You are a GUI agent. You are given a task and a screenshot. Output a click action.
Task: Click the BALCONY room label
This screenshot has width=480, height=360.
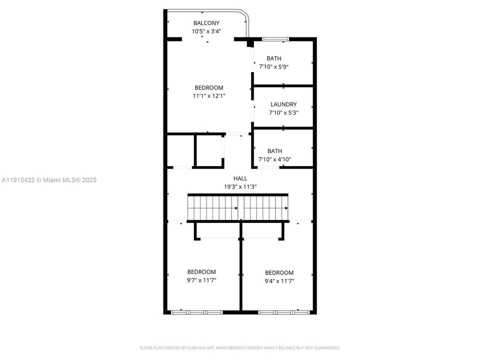coord(206,23)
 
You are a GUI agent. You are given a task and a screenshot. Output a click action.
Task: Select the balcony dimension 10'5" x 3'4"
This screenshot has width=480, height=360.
coord(206,31)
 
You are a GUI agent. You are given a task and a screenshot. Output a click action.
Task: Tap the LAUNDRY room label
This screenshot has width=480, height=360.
coord(283,104)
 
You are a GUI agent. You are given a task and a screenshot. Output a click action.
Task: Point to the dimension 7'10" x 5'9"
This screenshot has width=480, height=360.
coord(273,66)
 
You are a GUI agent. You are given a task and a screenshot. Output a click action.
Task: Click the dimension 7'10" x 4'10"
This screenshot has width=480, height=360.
coord(274,159)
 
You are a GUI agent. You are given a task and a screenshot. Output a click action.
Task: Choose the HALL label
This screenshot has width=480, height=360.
coord(240,178)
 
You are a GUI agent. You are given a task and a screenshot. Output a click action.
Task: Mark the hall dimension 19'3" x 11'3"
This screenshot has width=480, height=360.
coord(240,186)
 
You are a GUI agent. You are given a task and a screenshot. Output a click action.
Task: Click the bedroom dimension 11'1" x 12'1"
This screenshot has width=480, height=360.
coord(209,95)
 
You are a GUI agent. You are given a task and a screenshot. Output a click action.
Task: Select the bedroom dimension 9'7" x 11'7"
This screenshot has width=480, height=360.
coord(201,280)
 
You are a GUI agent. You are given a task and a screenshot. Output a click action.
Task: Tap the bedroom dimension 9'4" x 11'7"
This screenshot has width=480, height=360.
coord(279,281)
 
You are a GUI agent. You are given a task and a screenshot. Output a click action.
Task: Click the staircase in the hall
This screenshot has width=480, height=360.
coord(238,207)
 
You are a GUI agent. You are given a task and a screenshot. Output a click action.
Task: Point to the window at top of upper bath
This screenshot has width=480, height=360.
coord(275,38)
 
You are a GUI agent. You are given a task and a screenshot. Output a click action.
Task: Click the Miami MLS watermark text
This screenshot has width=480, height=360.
coord(49,179)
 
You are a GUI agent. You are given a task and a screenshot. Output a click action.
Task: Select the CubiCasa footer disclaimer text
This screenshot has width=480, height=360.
coord(240,347)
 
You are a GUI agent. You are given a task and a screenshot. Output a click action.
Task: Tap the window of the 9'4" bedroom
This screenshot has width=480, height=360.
coord(282,312)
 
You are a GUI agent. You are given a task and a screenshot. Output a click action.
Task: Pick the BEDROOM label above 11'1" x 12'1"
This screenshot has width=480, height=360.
coord(209,87)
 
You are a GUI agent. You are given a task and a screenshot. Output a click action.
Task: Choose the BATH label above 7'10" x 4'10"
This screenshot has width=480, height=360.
coord(274,151)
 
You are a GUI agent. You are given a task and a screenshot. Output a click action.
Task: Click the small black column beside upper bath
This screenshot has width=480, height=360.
coord(250,44)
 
